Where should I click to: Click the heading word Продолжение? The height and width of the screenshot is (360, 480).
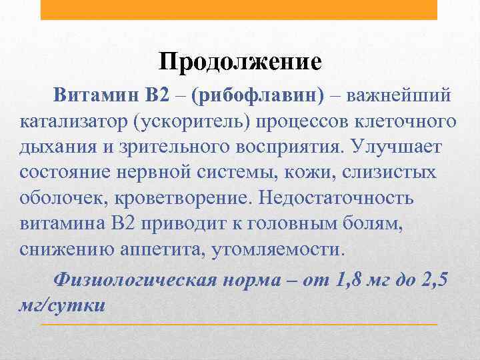240,62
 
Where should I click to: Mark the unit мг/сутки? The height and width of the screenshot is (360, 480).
63,305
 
